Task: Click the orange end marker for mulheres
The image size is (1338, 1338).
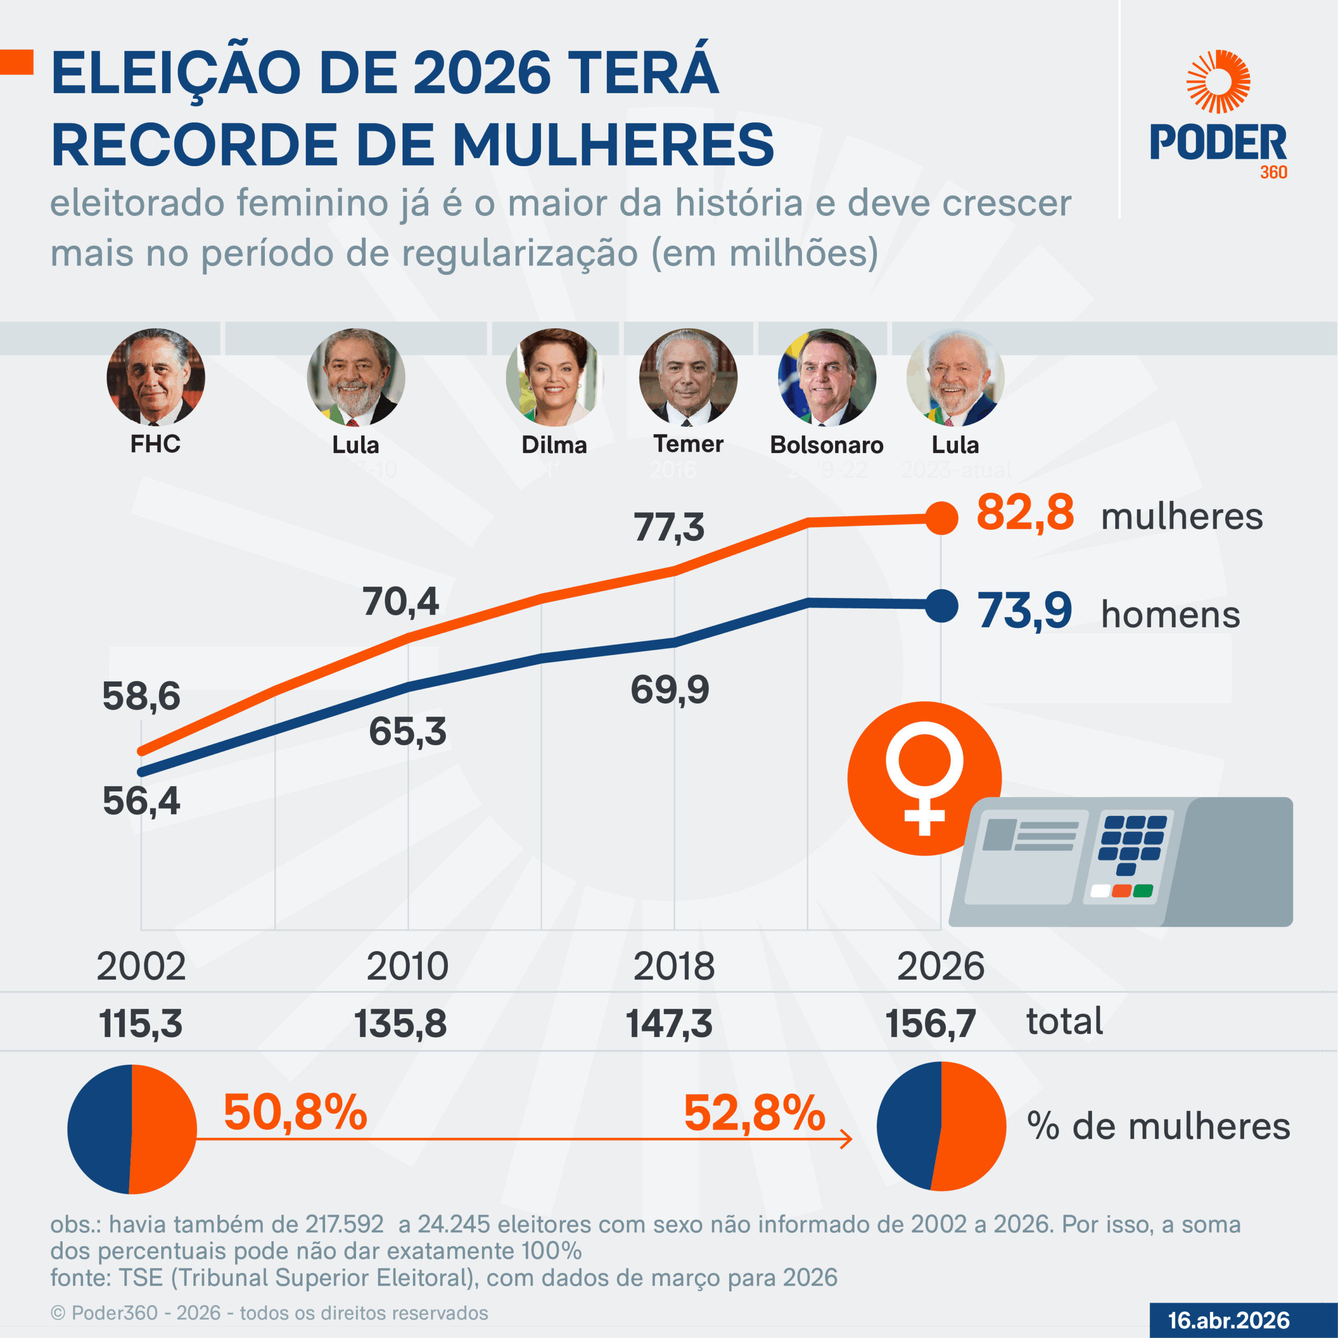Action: tap(942, 518)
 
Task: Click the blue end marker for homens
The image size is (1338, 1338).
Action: tap(942, 606)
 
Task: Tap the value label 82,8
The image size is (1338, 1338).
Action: tap(1025, 513)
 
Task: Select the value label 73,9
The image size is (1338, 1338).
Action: tap(1025, 611)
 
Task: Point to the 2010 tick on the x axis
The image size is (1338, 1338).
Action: tap(407, 965)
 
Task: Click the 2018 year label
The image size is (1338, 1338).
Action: tap(674, 965)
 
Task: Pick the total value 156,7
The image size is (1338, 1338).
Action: tap(930, 1023)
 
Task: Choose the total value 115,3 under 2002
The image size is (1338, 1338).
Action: tap(141, 1023)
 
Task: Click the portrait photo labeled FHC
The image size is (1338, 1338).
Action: tap(156, 377)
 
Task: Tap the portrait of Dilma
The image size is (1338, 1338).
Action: tap(554, 377)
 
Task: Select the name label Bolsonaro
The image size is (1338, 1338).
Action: tap(826, 445)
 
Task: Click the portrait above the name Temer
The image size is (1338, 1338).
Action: tap(688, 377)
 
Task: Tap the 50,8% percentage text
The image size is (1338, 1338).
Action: tap(295, 1113)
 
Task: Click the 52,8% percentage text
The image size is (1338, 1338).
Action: tap(754, 1113)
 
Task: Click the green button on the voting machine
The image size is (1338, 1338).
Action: tap(1143, 891)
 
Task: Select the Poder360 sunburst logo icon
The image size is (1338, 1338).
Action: tap(1218, 82)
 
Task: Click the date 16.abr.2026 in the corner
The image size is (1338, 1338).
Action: tap(1229, 1320)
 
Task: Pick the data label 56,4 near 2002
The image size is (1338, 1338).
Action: tap(141, 801)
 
